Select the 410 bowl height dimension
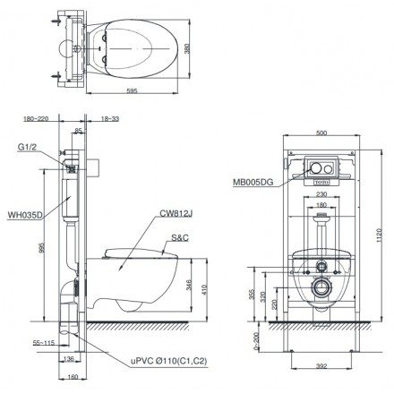[x=209, y=287]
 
